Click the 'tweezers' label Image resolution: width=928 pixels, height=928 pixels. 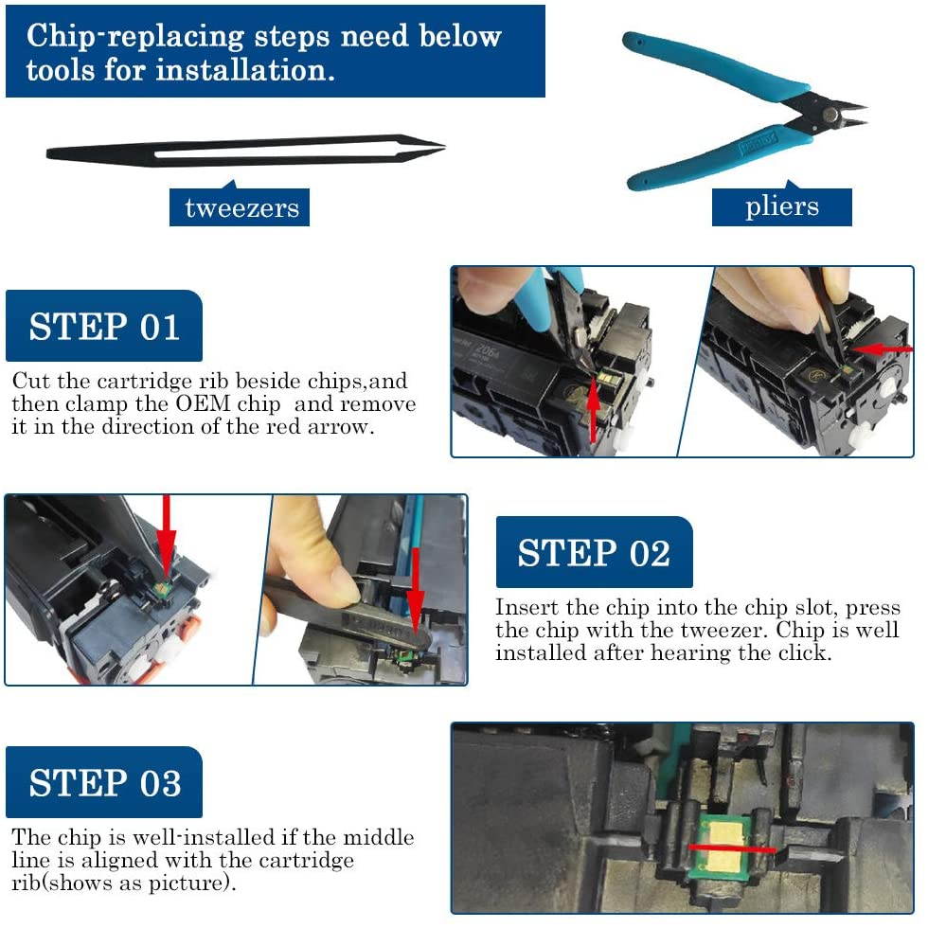click(x=239, y=207)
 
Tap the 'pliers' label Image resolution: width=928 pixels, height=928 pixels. click(x=782, y=206)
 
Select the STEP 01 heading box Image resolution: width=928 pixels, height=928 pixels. click(x=104, y=326)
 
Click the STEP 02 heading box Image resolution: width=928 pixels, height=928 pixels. click(x=595, y=552)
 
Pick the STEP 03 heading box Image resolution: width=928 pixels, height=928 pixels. click(x=104, y=782)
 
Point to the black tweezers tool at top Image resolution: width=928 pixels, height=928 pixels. click(x=245, y=150)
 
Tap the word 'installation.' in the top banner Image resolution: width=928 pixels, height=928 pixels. click(x=245, y=70)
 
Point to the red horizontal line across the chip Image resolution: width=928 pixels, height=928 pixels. click(x=732, y=848)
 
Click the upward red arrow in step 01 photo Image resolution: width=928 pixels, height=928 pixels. click(x=593, y=411)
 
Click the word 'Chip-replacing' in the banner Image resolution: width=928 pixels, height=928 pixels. click(x=134, y=37)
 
